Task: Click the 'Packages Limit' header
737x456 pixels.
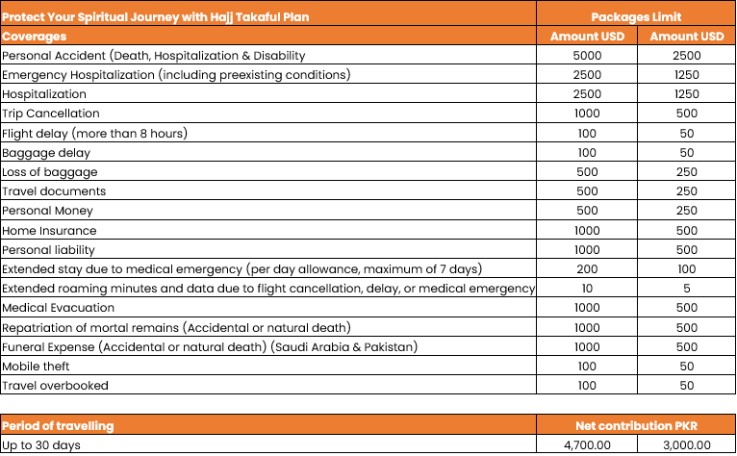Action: (637, 17)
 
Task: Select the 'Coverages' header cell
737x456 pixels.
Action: (35, 37)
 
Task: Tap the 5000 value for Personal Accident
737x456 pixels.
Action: (586, 56)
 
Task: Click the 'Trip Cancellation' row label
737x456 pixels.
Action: (50, 114)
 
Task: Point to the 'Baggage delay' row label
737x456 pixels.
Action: (46, 152)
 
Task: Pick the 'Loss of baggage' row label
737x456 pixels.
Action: (49, 172)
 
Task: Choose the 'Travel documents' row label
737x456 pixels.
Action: (54, 191)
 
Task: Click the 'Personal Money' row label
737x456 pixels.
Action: (49, 211)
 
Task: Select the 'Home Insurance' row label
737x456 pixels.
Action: (49, 231)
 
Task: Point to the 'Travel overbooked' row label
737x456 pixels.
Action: (55, 386)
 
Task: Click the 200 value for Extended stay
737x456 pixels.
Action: (586, 269)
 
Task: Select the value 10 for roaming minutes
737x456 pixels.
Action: (586, 289)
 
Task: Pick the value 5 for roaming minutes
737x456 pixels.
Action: (687, 289)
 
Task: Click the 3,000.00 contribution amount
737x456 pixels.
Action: (687, 445)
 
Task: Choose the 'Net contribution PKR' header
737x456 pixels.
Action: (637, 425)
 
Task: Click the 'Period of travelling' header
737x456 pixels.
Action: (58, 425)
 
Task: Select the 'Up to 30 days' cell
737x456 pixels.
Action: (41, 445)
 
